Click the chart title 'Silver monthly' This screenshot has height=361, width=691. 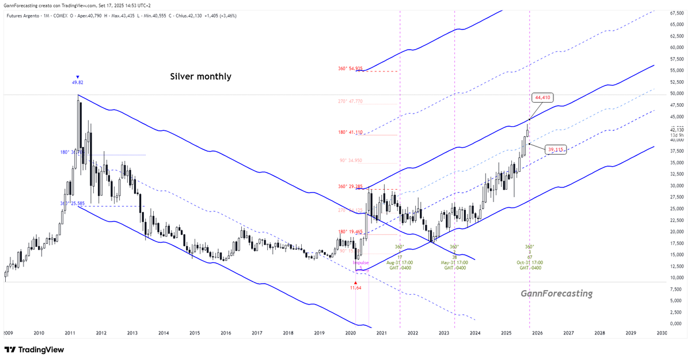coord(200,76)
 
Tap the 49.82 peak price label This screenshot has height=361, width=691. coord(78,82)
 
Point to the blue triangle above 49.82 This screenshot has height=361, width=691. coord(78,76)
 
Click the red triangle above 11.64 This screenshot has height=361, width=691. coord(355,283)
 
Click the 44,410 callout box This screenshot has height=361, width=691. coord(543,98)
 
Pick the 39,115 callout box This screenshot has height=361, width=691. coord(556,150)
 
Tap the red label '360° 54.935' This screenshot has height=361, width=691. coord(350,69)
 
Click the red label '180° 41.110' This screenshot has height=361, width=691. coord(350,132)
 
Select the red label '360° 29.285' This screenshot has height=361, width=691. coord(350,186)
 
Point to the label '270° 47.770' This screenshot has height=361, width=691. coord(350,101)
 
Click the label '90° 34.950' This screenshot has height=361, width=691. coord(350,160)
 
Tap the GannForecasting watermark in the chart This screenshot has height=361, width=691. coord(556,294)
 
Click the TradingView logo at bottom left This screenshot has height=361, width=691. coord(35,349)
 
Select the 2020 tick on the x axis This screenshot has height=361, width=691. coord(350,333)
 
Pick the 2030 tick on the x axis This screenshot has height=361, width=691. coord(662,333)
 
